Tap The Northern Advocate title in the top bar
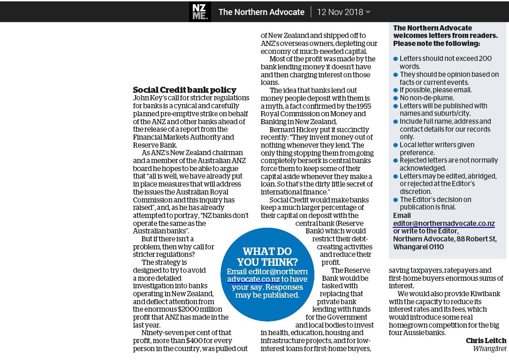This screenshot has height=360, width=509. tap(261, 12)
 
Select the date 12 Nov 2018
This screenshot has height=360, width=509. tap(340, 12)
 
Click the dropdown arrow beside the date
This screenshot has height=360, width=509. tap(368, 12)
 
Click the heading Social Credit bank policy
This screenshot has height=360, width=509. tap(184, 90)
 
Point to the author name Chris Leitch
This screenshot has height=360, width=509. tap(486, 341)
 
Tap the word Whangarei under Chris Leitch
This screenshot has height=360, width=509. tap(489, 349)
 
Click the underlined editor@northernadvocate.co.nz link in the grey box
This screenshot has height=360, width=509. tap(444, 224)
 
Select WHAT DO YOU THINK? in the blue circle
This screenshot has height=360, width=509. tap(267, 256)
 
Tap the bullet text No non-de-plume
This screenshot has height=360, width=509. tap(426, 98)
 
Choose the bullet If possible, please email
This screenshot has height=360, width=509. tap(435, 90)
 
